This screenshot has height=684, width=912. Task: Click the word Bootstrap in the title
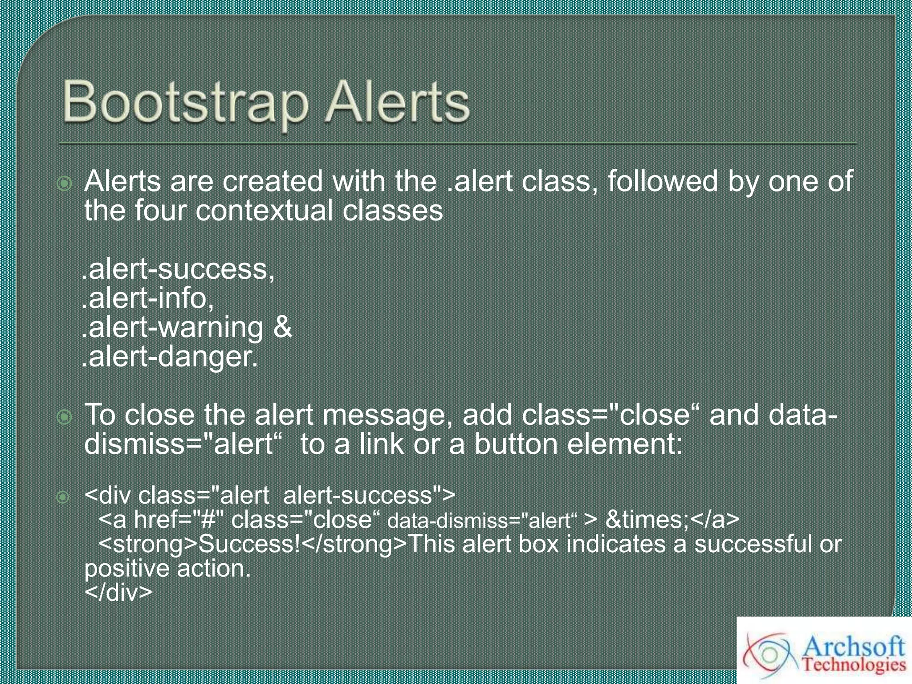tap(185, 103)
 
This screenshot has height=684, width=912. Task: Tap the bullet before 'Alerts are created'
tap(65, 183)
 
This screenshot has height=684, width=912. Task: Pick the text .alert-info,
tap(148, 298)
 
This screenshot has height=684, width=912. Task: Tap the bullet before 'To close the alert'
tap(65, 417)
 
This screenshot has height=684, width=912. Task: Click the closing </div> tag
tap(118, 593)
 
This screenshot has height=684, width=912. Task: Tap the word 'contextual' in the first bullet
tap(264, 211)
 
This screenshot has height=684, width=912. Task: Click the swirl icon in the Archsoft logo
tap(769, 654)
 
